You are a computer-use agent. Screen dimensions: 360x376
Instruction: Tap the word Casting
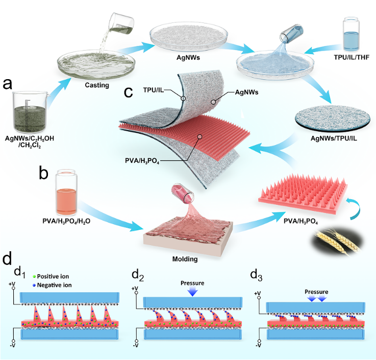click(97, 85)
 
